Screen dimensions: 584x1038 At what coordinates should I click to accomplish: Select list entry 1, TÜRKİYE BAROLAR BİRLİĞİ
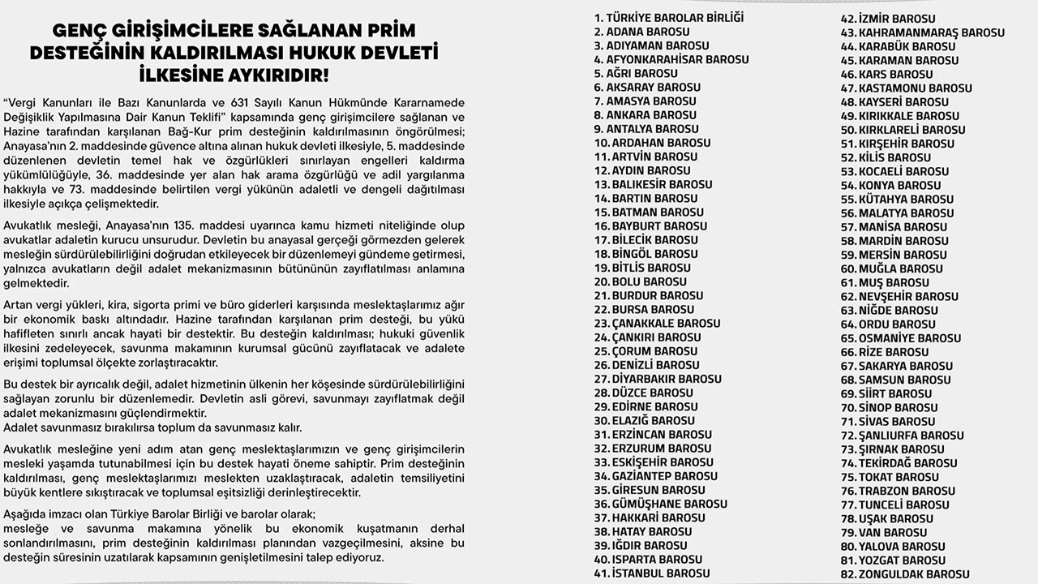tap(669, 18)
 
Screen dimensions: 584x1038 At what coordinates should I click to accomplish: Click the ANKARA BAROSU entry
tap(645, 115)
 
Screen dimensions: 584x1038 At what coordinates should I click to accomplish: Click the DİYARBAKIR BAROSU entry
tap(658, 379)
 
